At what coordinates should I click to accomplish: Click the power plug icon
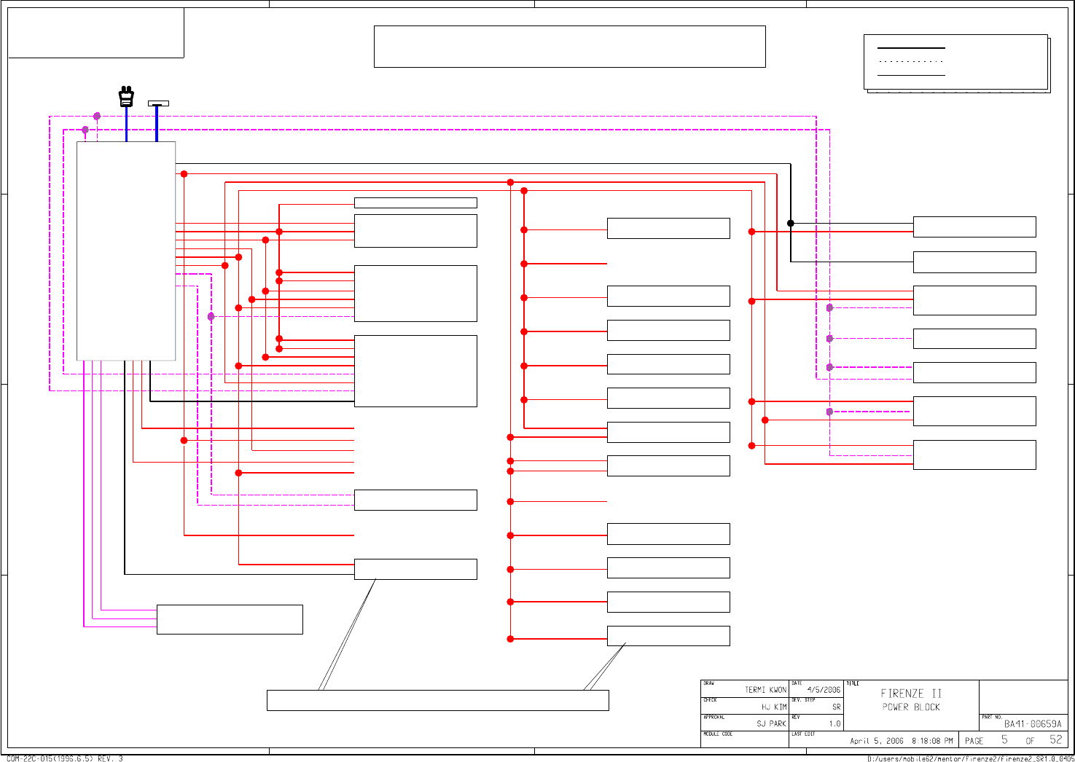tap(126, 97)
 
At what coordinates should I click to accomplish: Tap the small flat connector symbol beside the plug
tap(158, 103)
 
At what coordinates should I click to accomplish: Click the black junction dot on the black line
tap(791, 224)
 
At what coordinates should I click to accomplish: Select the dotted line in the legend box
tap(911, 62)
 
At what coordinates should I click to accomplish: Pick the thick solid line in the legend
tap(911, 48)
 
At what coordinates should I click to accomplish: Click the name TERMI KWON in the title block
tap(765, 690)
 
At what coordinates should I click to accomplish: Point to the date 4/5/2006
tap(824, 690)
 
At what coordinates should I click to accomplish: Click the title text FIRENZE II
tap(911, 694)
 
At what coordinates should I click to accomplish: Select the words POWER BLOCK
tap(911, 707)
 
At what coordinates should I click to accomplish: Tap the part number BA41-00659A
tap(1033, 724)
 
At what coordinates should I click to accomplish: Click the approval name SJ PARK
tap(771, 724)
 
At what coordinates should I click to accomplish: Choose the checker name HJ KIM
tap(774, 707)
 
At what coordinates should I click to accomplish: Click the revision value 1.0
tap(834, 724)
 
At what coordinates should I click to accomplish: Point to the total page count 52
tap(1056, 740)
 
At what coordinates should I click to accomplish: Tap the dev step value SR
tap(836, 707)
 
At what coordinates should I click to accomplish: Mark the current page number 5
tap(1004, 740)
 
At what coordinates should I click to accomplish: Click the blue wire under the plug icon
tap(127, 124)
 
